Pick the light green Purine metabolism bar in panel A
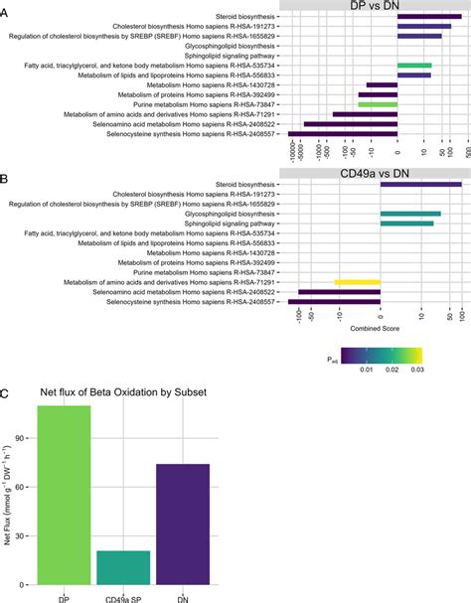[378, 103]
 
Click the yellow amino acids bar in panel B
[357, 282]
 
